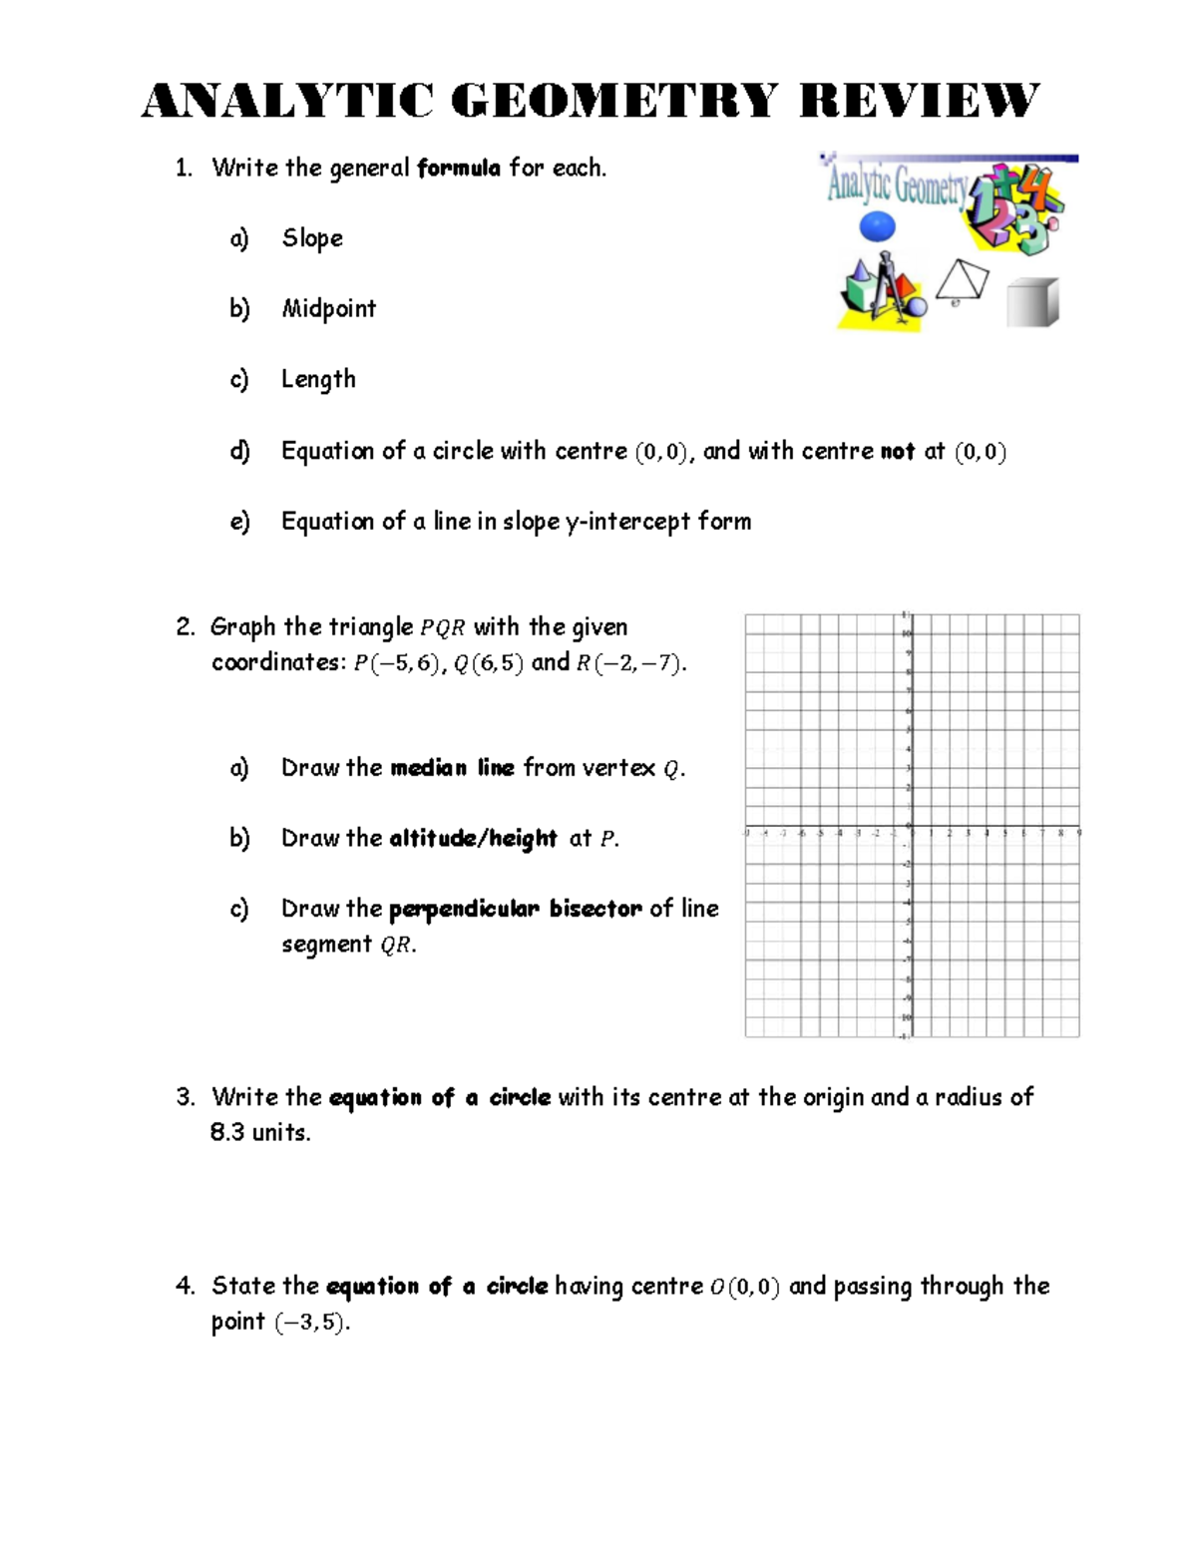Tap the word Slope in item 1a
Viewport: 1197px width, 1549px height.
312,238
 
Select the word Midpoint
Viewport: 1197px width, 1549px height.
329,309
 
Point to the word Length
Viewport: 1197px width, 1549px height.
318,380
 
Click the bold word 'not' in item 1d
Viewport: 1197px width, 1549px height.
898,452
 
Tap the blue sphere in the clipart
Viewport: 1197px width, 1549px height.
877,226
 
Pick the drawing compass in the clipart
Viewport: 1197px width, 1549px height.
891,289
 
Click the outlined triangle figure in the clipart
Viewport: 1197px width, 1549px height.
963,280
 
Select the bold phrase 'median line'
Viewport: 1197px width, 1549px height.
452,768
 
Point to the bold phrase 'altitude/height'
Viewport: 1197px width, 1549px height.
473,839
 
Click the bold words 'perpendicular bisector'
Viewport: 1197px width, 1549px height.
515,910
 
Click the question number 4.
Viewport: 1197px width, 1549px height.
184,1287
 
